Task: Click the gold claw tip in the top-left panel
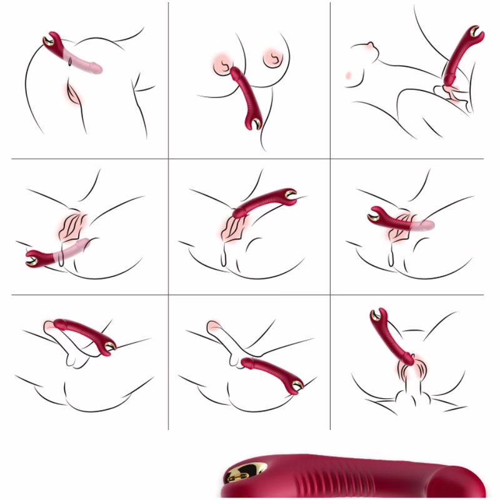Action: (x=49, y=42)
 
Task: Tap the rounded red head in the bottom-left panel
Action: (x=58, y=324)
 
